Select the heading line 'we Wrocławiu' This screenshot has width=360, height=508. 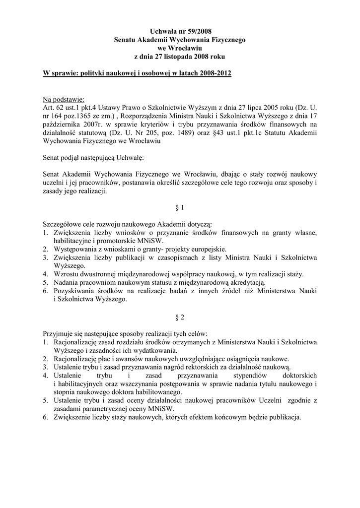180,48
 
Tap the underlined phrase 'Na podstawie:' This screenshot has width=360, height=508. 64,99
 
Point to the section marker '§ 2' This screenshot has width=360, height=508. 180,316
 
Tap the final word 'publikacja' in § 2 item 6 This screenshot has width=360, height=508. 283,417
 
